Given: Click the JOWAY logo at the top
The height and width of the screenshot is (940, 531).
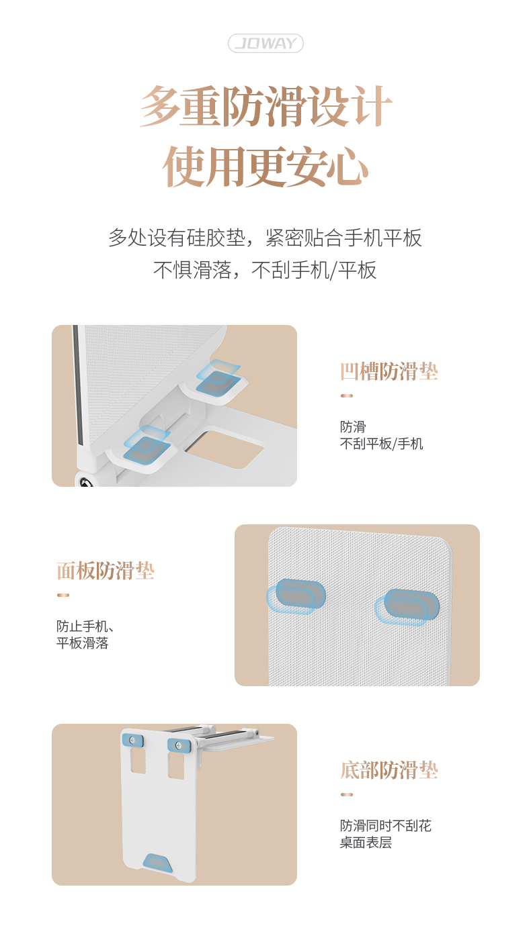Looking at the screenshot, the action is pos(265,43).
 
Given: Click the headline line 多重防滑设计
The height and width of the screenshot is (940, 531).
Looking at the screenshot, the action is pos(266,106).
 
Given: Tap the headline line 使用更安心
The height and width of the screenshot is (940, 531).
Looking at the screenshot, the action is pos(266,167).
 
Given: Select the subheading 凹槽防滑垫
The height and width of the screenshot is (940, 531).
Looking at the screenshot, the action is pos(389,371).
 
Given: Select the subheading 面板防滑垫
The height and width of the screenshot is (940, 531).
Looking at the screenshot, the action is pos(106,571).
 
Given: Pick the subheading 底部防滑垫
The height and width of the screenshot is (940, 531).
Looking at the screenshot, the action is pos(389,770).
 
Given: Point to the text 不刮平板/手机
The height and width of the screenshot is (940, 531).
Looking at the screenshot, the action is pos(382,444).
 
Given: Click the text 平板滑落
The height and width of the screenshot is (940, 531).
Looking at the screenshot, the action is pos(82,643).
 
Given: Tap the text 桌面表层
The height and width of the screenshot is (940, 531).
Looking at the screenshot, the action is pos(366,842).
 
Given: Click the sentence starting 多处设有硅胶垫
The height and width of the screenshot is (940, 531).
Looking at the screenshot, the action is pos(265,238).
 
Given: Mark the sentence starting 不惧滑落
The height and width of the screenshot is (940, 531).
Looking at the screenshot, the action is pos(265,270).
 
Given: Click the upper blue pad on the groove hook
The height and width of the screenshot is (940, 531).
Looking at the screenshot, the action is pos(218,377).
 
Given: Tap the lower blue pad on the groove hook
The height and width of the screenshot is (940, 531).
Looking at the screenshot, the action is pos(147,444).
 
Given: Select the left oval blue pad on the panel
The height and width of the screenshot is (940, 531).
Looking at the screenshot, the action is pos(296,596).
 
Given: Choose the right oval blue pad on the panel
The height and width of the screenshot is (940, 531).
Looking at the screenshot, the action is pos(407,607).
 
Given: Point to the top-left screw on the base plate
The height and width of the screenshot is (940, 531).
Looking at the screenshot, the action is pos(133,739).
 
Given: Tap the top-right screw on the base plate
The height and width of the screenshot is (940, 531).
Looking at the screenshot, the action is pos(179,745).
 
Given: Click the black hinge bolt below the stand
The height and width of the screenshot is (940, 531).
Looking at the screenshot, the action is pos(85,481).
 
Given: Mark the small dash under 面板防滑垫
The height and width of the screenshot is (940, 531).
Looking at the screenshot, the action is pos(63,595).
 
